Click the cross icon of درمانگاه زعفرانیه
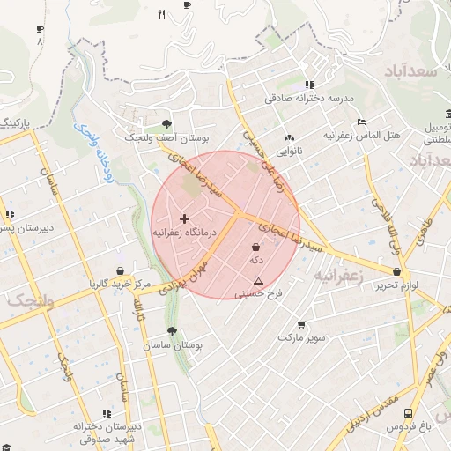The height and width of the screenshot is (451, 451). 184,218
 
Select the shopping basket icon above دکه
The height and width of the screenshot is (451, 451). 256,248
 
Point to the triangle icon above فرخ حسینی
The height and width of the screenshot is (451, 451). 258,282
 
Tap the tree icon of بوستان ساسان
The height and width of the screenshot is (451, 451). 170,332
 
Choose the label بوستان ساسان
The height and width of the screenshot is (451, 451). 174,346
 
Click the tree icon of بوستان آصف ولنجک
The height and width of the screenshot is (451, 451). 167,124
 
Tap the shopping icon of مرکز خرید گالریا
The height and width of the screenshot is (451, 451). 120,271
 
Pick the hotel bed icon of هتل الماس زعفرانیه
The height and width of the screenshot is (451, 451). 360,122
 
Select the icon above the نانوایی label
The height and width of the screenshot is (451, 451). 289,137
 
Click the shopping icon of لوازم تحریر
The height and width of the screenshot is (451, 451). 398,271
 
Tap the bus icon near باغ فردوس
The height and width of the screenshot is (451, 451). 407,412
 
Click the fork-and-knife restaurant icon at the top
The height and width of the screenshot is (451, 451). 160,13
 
